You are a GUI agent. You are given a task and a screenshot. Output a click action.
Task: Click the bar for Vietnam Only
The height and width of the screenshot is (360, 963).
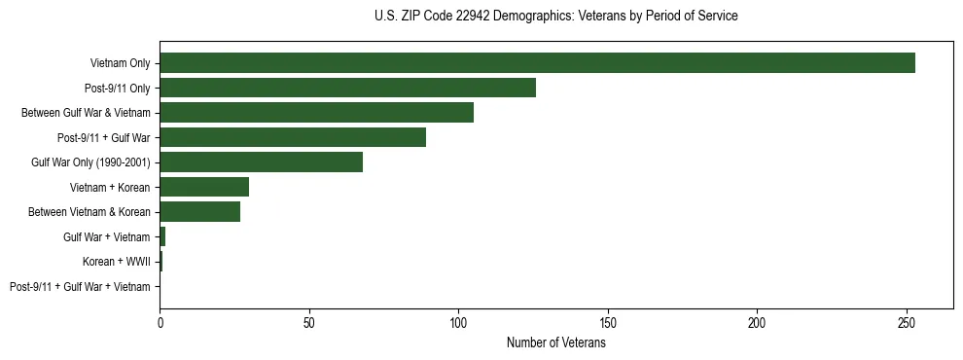pyautogui.click(x=537, y=63)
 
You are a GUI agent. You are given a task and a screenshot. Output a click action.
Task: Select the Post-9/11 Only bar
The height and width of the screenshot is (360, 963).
pyautogui.click(x=347, y=88)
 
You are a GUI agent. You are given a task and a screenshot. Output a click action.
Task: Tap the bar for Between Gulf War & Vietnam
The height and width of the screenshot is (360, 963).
pyautogui.click(x=316, y=113)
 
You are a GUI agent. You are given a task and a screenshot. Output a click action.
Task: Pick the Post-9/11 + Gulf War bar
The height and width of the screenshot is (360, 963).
pyautogui.click(x=293, y=137)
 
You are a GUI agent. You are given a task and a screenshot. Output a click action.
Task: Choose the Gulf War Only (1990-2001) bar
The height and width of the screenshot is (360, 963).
pyautogui.click(x=261, y=162)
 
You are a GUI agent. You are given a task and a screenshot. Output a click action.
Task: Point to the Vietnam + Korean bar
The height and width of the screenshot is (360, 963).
pyautogui.click(x=204, y=187)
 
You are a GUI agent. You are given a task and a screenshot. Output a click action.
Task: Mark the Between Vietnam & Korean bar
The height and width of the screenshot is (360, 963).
pyautogui.click(x=199, y=211)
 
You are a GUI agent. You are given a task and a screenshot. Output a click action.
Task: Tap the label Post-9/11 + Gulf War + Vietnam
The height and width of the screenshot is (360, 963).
pyautogui.click(x=80, y=287)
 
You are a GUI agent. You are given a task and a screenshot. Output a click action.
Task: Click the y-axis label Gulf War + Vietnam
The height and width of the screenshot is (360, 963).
pyautogui.click(x=106, y=236)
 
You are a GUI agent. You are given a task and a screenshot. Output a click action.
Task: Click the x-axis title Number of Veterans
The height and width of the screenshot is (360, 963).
pyautogui.click(x=555, y=343)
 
